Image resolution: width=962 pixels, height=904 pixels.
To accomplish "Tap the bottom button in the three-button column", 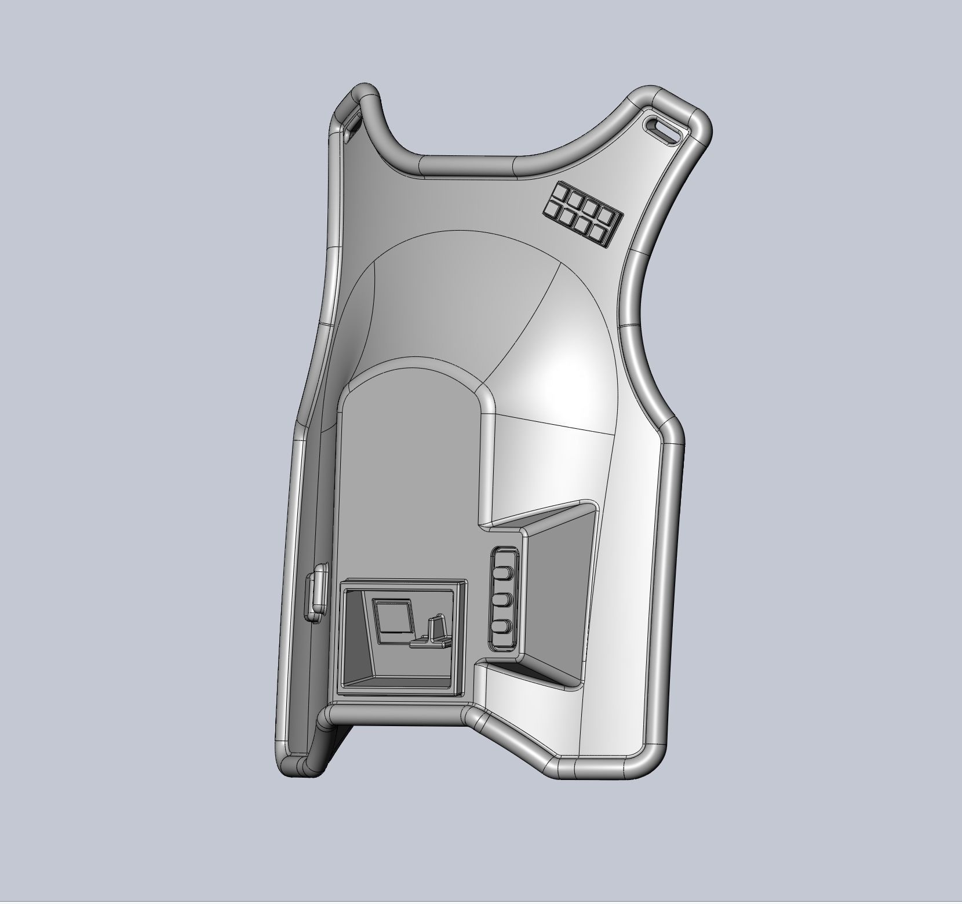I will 503,628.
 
